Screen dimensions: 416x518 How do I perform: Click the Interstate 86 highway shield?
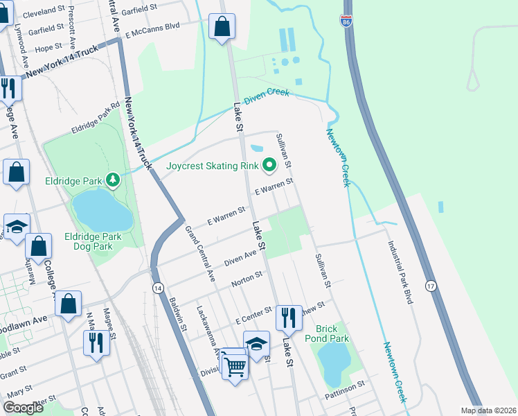346,22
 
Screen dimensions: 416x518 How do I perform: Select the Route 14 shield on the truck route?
158,288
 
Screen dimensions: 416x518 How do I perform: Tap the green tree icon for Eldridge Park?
113,180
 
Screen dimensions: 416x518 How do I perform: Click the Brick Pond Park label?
332,333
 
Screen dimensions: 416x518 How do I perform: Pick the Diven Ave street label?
240,259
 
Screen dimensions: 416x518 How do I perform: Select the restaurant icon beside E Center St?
289,318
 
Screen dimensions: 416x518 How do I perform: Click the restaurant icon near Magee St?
96,342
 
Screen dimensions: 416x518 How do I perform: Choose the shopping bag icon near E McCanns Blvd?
222,28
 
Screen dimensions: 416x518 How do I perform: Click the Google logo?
23,408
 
